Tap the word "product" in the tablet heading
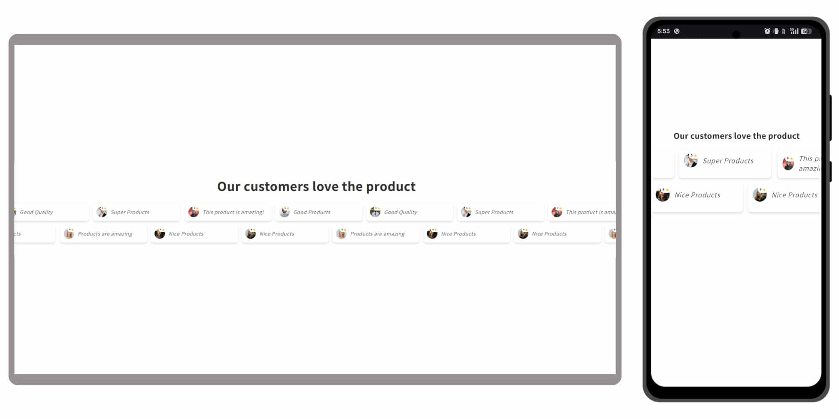click(391, 186)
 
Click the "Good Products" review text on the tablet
click(312, 212)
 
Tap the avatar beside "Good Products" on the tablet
click(285, 212)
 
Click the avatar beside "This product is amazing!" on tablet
click(194, 212)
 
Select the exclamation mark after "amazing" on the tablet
click(263, 212)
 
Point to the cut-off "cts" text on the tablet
click(17, 234)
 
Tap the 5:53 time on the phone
click(663, 31)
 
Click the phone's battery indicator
click(806, 31)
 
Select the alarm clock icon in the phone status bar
click(767, 31)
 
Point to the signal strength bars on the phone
click(794, 31)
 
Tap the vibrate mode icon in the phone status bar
click(776, 31)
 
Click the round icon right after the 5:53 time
click(677, 31)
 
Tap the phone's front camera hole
click(736, 34)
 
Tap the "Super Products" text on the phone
click(728, 161)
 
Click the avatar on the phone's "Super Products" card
click(691, 160)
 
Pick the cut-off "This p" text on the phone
click(809, 159)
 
